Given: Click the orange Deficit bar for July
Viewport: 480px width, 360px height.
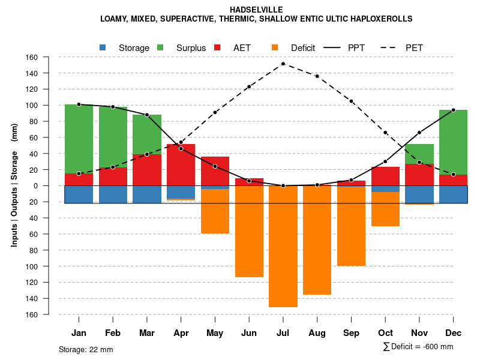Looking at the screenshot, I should (283, 246).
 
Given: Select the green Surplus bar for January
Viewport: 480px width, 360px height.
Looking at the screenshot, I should (79, 139).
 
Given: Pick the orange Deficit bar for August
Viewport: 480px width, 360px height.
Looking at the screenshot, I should (317, 240).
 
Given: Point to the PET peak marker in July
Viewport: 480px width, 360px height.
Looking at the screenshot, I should (283, 64).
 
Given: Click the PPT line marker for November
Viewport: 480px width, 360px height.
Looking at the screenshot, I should (419, 133).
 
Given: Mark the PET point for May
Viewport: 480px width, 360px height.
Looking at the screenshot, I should (215, 112).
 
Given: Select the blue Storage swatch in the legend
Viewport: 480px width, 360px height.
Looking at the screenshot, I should (103, 47).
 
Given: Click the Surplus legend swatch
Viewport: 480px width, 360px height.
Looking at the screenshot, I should (161, 47).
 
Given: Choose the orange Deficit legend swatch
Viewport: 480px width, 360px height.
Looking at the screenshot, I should (275, 47).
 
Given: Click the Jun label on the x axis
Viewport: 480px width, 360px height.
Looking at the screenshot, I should (249, 333).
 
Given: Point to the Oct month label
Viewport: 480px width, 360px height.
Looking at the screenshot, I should (385, 333).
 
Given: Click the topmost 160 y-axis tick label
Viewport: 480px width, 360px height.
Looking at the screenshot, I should (32, 58).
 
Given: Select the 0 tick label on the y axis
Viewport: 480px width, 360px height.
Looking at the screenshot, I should (36, 186).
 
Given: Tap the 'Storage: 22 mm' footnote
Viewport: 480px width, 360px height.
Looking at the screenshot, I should (86, 349).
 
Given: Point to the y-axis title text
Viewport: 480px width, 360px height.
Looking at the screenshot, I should (14, 186).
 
